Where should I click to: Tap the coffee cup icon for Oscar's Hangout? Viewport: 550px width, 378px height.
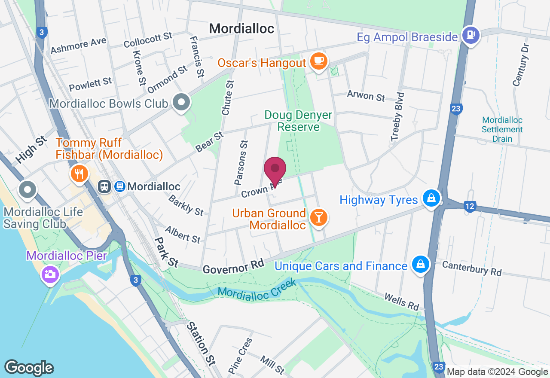click(318, 61)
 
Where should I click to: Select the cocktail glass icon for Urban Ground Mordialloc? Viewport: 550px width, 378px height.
click(318, 218)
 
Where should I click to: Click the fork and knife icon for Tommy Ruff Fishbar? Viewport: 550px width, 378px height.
click(79, 174)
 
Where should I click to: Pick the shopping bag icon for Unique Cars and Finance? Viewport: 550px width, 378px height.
click(420, 265)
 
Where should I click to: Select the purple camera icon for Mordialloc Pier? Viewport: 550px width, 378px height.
click(50, 274)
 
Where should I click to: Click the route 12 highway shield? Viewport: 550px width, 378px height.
click(470, 207)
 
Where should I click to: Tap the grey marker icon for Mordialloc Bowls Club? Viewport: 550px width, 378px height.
click(181, 103)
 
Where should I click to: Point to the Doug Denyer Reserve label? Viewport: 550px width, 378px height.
click(298, 121)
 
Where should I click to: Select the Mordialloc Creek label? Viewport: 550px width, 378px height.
click(257, 289)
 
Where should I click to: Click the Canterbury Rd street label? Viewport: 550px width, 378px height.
click(472, 268)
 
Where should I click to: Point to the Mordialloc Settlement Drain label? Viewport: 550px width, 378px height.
click(502, 129)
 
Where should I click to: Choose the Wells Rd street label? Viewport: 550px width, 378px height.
click(401, 302)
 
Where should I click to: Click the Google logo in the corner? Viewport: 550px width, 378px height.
click(29, 368)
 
